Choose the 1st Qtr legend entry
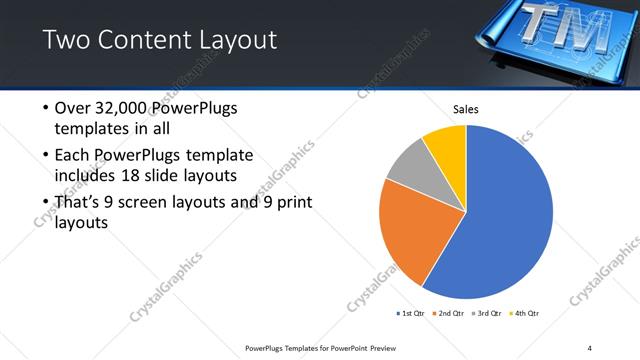coord(411,313)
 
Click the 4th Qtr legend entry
coord(526,313)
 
